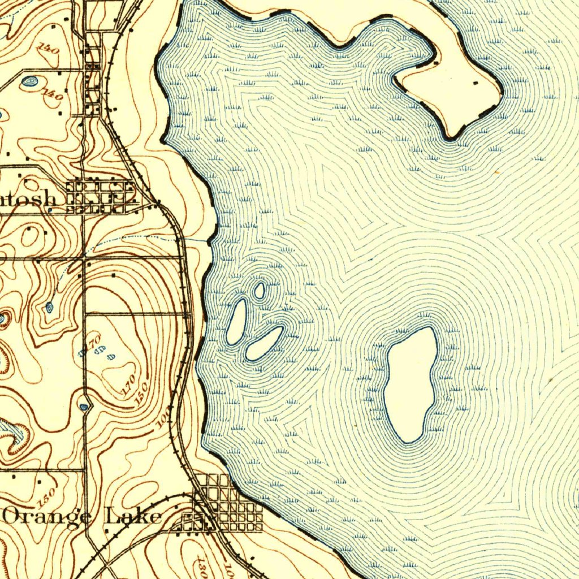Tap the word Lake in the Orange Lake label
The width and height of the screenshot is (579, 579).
(x=133, y=516)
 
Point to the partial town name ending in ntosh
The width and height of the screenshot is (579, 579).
(x=28, y=199)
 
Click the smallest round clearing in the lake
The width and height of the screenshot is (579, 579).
(x=260, y=291)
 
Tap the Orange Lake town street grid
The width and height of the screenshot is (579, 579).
(x=229, y=503)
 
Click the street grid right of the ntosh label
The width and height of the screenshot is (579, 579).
(x=102, y=196)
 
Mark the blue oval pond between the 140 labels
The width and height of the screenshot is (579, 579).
(x=28, y=82)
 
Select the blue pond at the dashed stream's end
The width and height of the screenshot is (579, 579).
(x=49, y=307)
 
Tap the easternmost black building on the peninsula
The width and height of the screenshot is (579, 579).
(x=474, y=83)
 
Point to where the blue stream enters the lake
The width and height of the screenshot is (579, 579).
(x=208, y=241)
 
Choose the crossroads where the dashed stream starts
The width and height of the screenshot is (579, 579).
(x=84, y=258)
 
